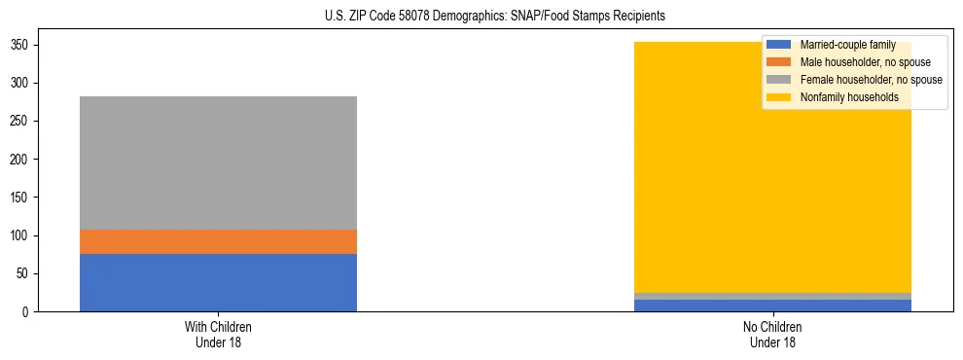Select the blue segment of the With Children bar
click(x=218, y=282)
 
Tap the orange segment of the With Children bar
click(x=218, y=241)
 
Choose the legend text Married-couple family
click(x=847, y=45)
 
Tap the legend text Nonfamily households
click(x=848, y=97)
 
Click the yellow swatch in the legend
click(x=779, y=97)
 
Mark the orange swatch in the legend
click(x=779, y=62)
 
